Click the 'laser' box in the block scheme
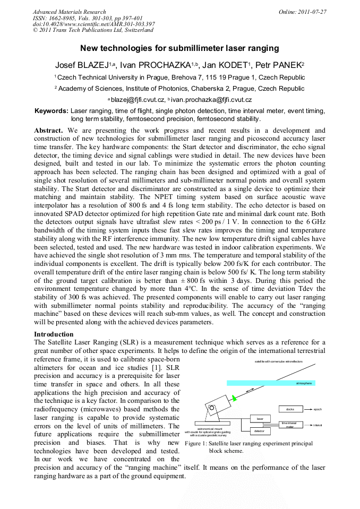point(260,419)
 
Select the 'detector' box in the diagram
point(259,432)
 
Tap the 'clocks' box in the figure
point(290,409)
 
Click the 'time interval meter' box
point(290,425)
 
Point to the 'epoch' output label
point(318,409)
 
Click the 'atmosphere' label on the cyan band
point(304,383)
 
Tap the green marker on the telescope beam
point(234,397)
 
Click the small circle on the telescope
point(212,408)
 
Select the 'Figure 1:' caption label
point(198,444)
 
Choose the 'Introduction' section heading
point(54,334)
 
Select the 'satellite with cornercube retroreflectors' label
point(279,361)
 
